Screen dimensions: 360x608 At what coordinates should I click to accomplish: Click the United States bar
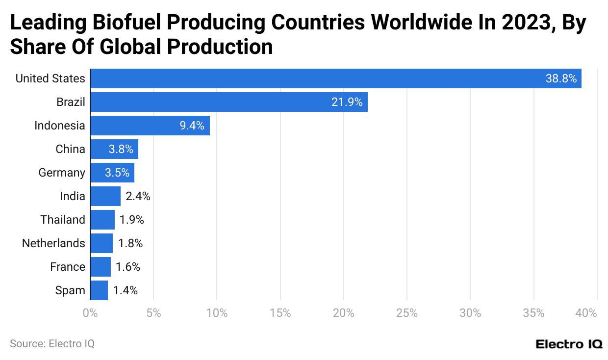point(336,78)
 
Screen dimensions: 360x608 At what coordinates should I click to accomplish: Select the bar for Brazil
point(229,102)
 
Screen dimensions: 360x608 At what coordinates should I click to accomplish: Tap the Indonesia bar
point(150,126)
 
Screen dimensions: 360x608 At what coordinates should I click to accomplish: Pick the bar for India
point(105,196)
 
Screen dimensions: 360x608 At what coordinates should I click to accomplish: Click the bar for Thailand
point(102,220)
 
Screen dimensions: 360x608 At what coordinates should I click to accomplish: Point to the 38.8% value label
point(561,78)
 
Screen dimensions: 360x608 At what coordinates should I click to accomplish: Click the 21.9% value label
point(347,102)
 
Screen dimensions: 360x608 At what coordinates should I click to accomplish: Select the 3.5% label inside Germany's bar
point(117,173)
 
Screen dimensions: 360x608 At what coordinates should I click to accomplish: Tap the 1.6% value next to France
point(128,267)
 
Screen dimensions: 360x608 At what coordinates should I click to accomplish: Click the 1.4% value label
point(125,290)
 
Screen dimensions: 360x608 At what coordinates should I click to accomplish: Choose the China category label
point(70,149)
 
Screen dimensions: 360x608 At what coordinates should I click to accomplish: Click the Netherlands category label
point(53,243)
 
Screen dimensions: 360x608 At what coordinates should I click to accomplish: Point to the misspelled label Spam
point(70,290)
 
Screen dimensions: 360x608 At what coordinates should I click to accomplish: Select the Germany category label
point(62,173)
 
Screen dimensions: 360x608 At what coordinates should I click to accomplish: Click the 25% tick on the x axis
point(406,313)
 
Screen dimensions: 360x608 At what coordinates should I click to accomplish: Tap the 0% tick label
point(90,313)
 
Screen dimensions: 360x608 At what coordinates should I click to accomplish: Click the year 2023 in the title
point(524,23)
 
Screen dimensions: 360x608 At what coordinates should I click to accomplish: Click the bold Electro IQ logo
point(569,344)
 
